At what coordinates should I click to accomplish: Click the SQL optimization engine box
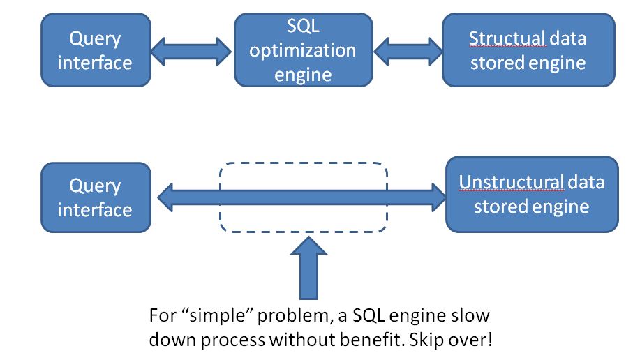303,50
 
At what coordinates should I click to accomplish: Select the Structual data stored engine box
528,50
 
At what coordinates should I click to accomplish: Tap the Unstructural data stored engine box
532,195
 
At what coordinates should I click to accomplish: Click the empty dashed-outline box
304,163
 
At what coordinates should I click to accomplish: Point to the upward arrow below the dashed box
309,268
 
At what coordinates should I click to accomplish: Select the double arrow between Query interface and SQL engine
191,52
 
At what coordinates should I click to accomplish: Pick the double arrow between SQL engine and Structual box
408,52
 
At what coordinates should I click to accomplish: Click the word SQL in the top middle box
303,27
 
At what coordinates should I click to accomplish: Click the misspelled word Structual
507,39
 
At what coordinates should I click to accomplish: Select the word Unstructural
511,182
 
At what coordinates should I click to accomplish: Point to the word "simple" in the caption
218,315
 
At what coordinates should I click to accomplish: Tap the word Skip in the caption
424,340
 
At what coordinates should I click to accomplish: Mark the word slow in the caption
471,315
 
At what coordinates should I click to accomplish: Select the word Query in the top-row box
95,40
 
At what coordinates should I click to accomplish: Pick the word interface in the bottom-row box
95,210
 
